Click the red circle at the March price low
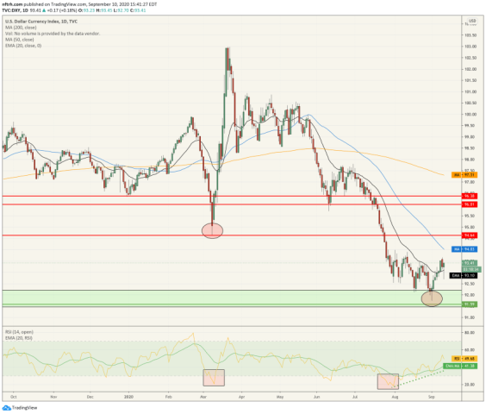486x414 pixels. pos(212,229)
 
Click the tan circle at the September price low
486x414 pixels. pos(432,298)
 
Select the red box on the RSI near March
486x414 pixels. pos(213,377)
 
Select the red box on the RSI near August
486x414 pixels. pos(388,380)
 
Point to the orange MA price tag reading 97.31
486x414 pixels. pos(470,174)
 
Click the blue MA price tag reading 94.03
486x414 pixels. pos(470,248)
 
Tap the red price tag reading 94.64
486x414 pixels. pos(470,235)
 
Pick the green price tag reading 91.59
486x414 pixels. pos(470,304)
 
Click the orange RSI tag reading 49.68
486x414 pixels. pos(470,356)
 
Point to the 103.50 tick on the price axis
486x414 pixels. pos(470,35)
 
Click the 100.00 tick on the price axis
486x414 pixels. pos(470,114)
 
